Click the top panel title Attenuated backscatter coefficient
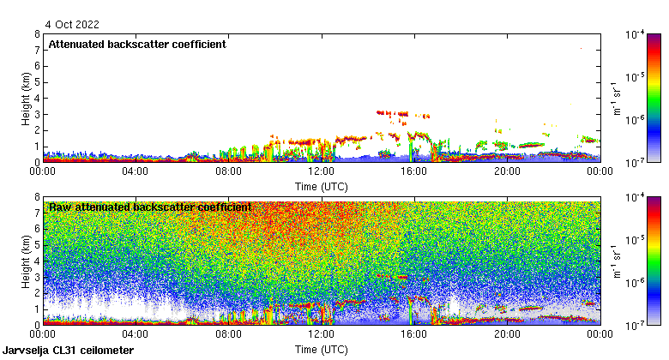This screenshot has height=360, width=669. point(137,44)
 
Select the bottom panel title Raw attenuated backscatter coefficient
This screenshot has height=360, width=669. point(150,207)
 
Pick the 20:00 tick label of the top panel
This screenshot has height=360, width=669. point(507,171)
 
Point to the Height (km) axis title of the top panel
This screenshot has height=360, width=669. point(27,98)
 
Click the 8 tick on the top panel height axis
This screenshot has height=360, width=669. point(37,34)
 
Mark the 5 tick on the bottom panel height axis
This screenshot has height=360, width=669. point(37,245)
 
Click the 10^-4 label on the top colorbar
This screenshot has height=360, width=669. point(636,34)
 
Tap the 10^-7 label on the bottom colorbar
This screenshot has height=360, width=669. point(636,325)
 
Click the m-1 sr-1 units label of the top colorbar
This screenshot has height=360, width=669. point(615,98)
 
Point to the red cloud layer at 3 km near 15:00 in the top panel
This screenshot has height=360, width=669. point(395,112)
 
